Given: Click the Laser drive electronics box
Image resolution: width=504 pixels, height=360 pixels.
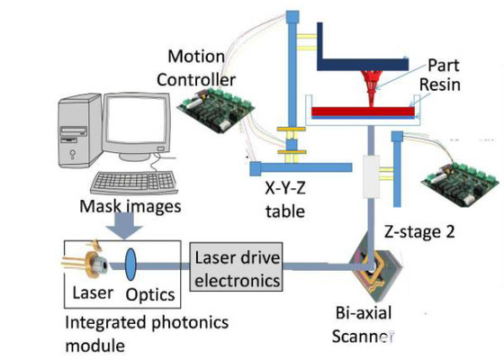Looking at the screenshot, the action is click(237, 267).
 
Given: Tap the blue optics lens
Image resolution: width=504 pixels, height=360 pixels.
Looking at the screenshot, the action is click(130, 265).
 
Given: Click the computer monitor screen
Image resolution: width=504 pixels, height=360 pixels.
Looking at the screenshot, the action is click(137, 120).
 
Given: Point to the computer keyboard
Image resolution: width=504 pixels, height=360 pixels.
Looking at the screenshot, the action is click(134, 183).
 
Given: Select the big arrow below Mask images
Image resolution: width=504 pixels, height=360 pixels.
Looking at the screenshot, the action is click(124, 227).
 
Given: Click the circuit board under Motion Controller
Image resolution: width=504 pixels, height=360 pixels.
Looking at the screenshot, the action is click(216, 110).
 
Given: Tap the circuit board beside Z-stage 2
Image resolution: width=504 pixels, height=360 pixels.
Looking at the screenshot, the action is click(462, 184).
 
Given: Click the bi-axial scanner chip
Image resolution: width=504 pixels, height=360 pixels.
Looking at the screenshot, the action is click(375, 269).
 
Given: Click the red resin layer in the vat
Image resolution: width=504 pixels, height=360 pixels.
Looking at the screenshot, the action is click(363, 112).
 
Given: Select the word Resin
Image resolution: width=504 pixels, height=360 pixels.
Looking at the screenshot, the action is click(440, 85).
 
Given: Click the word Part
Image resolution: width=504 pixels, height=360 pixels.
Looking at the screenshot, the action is click(443, 66).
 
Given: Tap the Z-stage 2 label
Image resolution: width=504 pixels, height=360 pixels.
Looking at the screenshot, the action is click(419, 231).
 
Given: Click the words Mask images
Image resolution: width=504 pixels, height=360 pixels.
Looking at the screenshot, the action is click(130, 206).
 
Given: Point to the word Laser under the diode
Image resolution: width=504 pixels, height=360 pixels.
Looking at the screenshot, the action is click(93, 292).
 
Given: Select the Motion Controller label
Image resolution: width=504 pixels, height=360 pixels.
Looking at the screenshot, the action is click(196, 68).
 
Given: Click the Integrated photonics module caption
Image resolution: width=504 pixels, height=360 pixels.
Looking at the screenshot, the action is click(147, 334).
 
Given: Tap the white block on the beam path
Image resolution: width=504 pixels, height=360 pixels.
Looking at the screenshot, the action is click(371, 176).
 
